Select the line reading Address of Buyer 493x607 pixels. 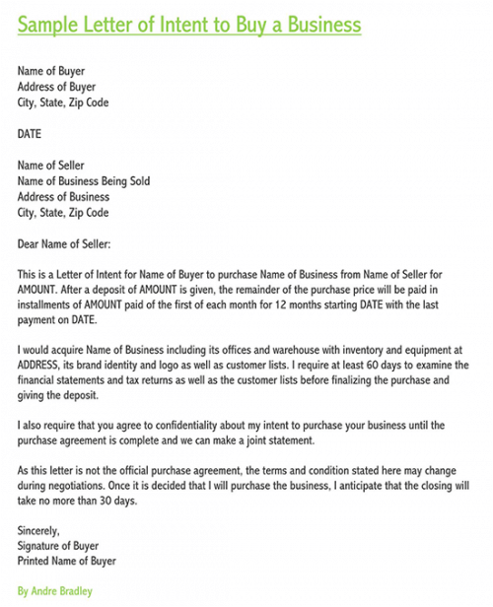tap(56, 87)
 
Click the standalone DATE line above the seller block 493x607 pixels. tap(30, 133)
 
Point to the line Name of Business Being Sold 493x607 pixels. tap(84, 181)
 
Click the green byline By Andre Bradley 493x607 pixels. tap(55, 592)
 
